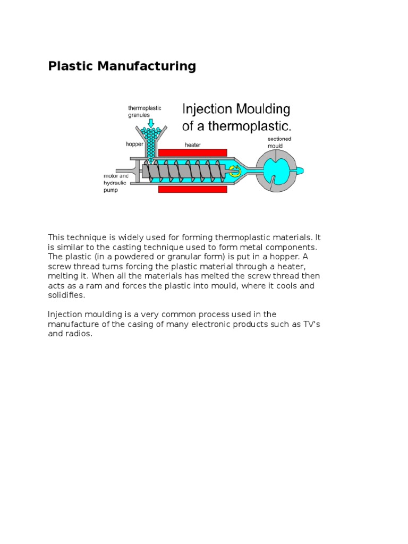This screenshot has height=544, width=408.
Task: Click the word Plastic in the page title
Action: [67, 66]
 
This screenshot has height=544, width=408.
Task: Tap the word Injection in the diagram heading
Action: [208, 110]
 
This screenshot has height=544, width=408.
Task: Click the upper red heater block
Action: [193, 152]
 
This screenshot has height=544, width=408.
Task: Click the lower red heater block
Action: [193, 189]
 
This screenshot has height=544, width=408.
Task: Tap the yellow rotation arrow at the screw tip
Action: [234, 171]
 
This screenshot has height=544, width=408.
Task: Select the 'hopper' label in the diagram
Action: [134, 144]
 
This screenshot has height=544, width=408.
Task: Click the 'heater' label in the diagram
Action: [192, 144]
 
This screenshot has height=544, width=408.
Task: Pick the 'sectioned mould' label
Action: [279, 142]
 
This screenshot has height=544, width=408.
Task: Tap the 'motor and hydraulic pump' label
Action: [117, 183]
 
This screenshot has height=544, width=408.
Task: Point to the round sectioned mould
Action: [275, 170]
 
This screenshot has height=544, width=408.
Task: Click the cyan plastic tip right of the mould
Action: [299, 170]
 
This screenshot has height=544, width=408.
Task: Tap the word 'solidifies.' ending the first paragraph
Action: [66, 295]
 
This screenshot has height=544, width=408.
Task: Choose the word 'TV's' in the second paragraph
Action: [309, 324]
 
